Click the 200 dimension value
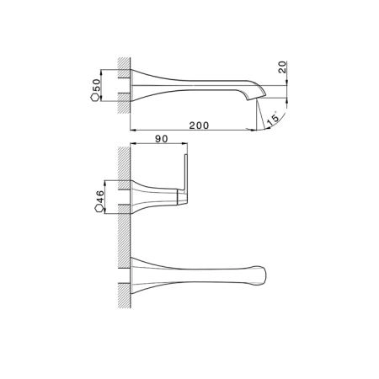[x=199, y=125]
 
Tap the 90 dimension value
[x=162, y=139]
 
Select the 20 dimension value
[x=282, y=67]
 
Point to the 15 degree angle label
[x=273, y=118]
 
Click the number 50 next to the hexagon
[x=96, y=84]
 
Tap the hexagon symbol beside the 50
[x=95, y=98]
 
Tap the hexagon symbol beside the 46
[x=99, y=208]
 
